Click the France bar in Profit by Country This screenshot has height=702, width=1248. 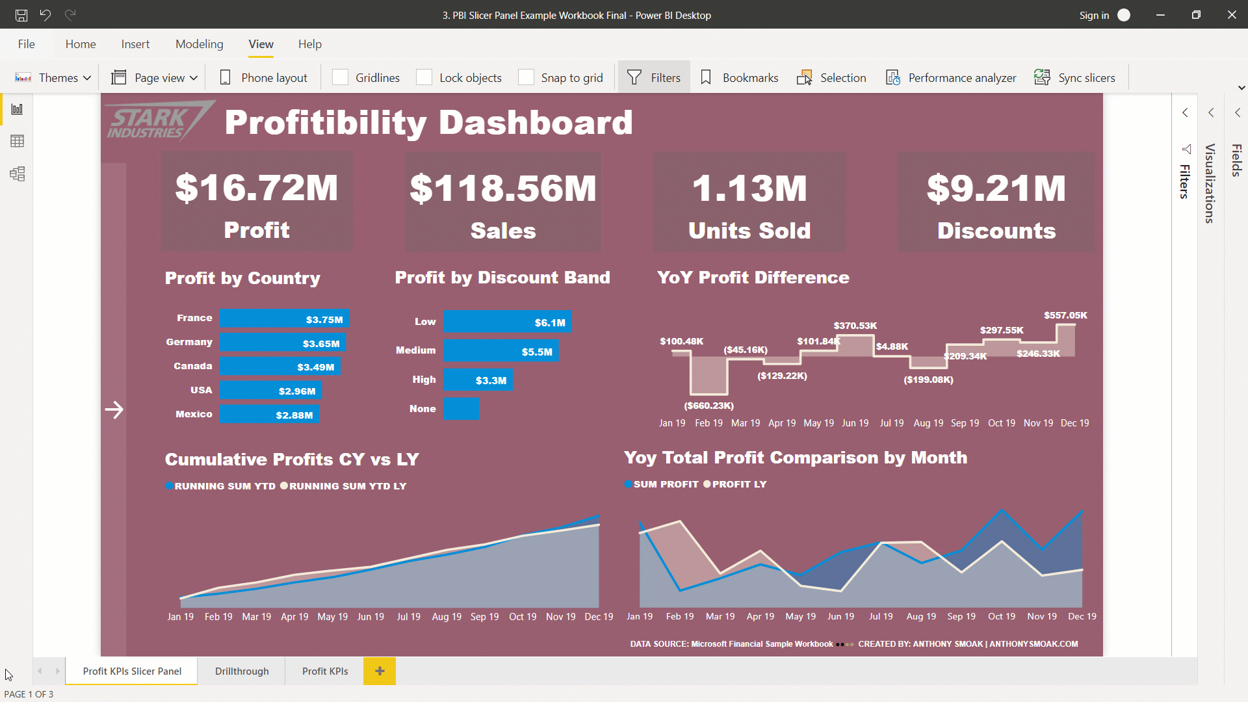coord(284,318)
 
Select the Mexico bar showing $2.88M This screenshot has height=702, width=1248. coord(269,415)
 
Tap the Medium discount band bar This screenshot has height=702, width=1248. coord(500,351)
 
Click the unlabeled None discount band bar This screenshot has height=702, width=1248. coord(461,409)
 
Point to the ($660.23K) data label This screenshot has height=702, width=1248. coord(708,406)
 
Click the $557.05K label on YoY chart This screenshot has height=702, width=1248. coord(1065,315)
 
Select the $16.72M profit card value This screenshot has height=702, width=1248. coord(257,188)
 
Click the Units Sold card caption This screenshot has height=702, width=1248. coord(749,231)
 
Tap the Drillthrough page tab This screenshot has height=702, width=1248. coord(242,671)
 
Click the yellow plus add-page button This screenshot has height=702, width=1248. coord(380,671)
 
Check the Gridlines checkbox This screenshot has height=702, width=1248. coord(341,77)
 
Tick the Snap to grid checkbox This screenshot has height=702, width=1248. coord(526,77)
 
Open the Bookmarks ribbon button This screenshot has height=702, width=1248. coord(740,77)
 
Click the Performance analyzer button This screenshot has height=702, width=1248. coord(952,77)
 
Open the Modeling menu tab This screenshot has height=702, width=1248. coord(199,44)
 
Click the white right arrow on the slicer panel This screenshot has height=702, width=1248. coord(114,409)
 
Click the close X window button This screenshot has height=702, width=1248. coord(1231,15)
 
